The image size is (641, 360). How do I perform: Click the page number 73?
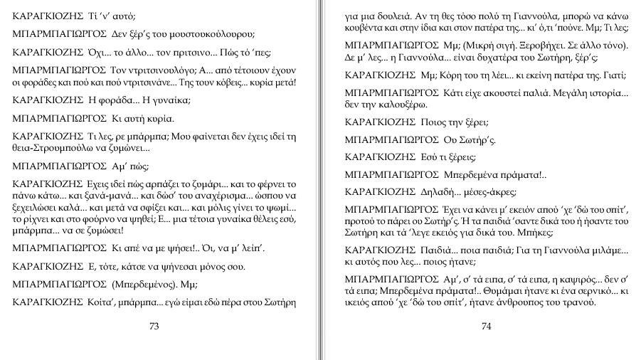(154, 327)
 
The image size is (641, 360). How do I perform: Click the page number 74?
(487, 327)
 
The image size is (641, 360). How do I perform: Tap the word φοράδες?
(43, 82)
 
